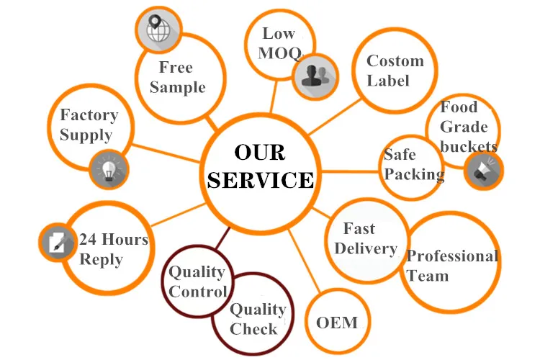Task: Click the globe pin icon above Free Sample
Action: [158, 30]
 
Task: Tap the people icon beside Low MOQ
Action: [315, 74]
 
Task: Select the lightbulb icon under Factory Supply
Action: [109, 169]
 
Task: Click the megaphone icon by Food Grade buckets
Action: [483, 171]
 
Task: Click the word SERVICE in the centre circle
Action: [261, 179]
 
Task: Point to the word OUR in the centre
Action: [260, 153]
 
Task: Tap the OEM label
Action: [337, 322]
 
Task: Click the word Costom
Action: [395, 61]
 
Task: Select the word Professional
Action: [452, 256]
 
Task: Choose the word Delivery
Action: [366, 248]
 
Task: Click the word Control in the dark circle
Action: [198, 292]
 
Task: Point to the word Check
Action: [253, 329]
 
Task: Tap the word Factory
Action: [89, 114]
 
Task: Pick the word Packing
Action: [414, 174]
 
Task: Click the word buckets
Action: [469, 147]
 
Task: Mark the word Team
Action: [428, 276]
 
